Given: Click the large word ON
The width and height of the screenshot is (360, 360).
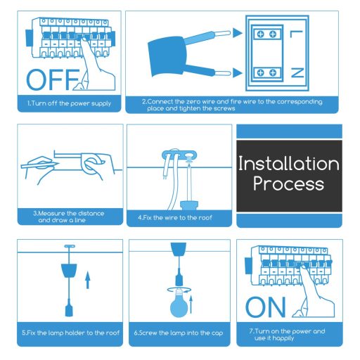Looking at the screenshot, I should [266, 307].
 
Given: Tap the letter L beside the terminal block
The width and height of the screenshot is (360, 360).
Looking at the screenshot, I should [297, 34].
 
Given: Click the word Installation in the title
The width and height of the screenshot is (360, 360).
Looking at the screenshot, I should [288, 164].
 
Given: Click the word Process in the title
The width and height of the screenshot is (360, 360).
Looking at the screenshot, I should [288, 184].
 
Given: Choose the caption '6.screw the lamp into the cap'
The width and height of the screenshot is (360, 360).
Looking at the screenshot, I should [179, 333].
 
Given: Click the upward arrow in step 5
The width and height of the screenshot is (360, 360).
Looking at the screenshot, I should [88, 281].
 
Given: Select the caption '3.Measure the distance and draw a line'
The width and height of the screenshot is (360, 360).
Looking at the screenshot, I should [65, 215].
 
